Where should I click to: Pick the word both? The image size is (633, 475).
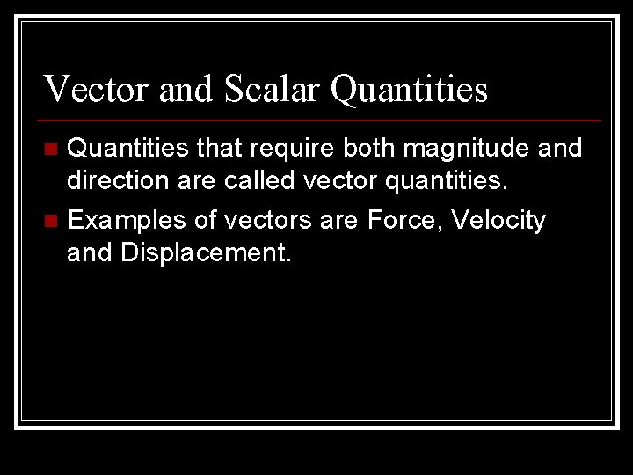click(x=367, y=149)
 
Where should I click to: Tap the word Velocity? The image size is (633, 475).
click(x=498, y=219)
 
